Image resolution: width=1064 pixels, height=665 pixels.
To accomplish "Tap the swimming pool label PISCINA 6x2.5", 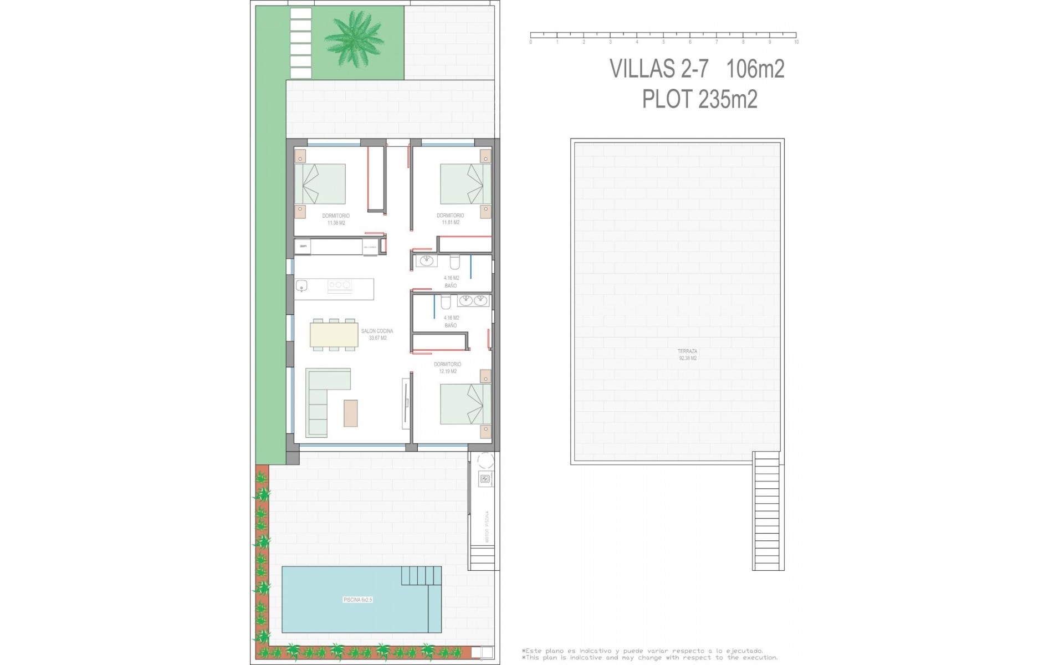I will click(357, 600).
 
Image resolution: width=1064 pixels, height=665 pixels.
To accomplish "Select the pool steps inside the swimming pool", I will click(421, 576).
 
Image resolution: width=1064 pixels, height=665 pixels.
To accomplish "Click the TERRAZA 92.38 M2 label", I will click(687, 355).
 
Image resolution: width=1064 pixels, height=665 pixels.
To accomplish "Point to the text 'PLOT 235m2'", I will click(699, 100).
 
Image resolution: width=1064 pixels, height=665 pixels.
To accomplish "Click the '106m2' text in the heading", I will click(755, 69).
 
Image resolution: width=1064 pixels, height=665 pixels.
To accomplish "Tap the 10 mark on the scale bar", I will click(796, 42).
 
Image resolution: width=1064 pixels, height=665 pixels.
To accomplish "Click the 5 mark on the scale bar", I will click(663, 42).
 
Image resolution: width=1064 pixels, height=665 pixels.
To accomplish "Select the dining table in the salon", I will click(334, 335).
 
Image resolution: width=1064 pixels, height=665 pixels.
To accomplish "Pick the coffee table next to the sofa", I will click(351, 413).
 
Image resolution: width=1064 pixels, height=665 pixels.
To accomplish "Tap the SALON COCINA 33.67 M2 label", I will click(377, 334).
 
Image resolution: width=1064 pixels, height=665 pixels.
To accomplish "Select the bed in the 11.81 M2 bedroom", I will click(465, 183).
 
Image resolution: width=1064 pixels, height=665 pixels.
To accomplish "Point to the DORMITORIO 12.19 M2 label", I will click(447, 367).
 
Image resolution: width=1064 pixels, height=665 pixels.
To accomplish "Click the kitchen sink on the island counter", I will click(302, 286).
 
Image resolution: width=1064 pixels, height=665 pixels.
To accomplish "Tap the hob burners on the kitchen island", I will click(340, 285).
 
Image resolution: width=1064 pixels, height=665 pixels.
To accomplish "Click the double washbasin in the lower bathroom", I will click(473, 301).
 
